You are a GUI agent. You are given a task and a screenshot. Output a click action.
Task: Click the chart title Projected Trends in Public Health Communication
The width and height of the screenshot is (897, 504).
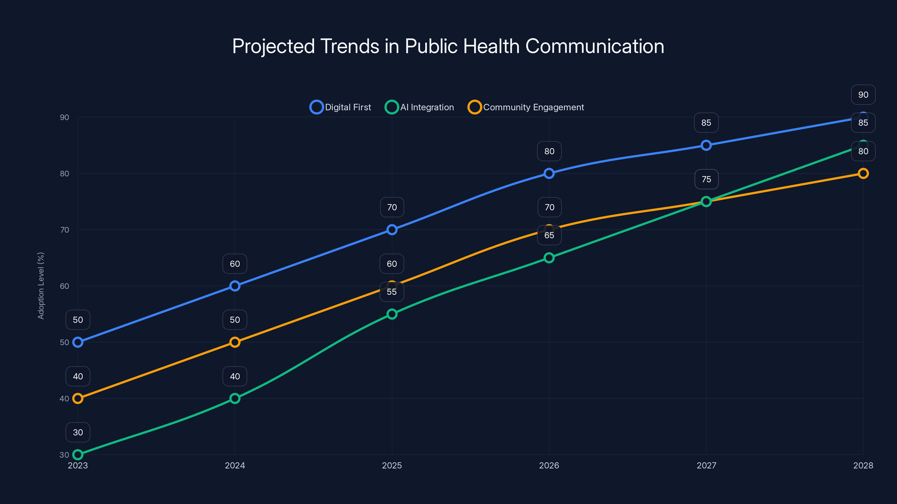coord(448,46)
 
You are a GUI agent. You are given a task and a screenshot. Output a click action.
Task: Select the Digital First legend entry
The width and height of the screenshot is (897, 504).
coord(341,107)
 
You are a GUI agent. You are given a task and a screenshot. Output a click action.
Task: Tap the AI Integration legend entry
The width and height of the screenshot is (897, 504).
coord(420,107)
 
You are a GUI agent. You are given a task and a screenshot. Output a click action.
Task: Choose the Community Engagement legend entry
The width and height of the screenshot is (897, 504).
coord(526,107)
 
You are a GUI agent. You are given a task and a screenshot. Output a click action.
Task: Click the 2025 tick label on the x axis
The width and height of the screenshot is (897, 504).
coord(392,465)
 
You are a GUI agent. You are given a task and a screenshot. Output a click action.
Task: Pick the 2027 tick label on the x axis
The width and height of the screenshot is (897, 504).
coord(706,465)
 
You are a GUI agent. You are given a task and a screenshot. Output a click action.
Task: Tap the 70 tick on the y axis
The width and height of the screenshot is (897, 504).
coord(64,230)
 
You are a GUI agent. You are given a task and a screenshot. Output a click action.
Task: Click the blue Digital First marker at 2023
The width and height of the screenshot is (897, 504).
coord(78,342)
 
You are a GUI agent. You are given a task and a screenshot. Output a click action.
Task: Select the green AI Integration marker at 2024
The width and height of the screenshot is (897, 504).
coord(235,398)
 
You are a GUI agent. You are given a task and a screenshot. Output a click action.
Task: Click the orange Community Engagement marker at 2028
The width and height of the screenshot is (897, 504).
coord(863,173)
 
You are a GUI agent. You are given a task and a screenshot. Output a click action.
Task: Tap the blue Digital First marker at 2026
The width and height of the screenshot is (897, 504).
coord(549,173)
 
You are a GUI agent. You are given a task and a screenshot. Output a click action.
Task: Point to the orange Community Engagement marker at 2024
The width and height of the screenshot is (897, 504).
coord(235,342)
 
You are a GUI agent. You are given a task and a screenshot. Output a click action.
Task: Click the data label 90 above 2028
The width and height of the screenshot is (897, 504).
coord(863,95)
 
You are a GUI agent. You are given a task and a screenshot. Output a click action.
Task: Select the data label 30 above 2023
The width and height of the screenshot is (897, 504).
coord(78,432)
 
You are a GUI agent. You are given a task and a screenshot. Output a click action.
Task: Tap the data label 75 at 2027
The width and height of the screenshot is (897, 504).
coord(706,179)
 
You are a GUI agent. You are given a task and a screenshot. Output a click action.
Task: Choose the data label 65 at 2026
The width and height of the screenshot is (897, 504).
coord(549,235)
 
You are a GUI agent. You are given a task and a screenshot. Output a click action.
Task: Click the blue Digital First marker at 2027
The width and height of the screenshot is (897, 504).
coord(706,145)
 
